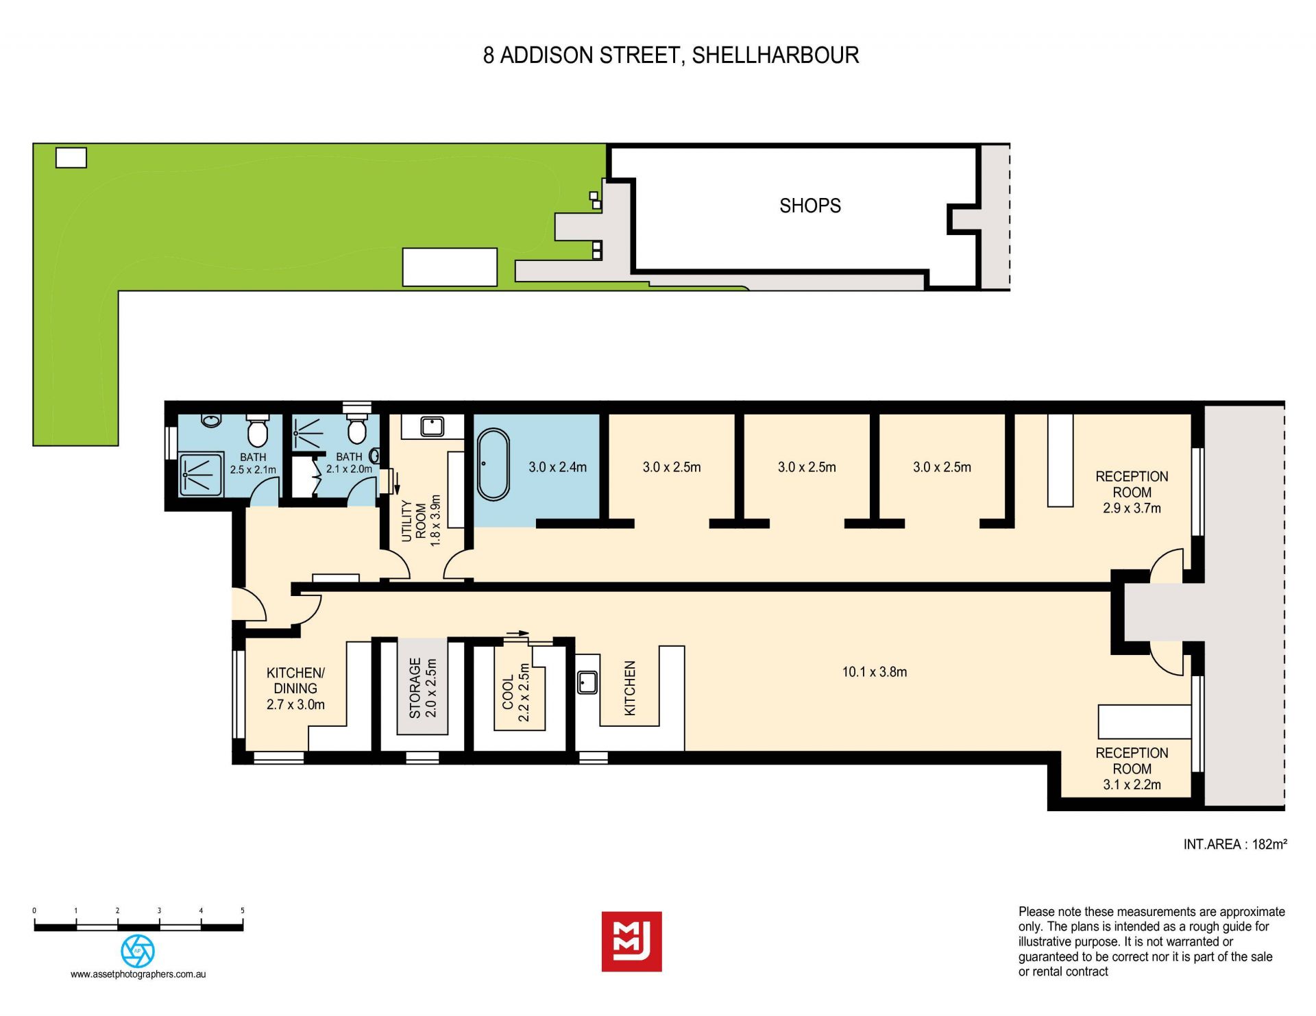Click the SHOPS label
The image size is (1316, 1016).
(809, 206)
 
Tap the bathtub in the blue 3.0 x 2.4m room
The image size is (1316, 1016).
(493, 464)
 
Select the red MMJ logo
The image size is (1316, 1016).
(631, 941)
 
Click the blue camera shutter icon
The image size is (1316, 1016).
(138, 951)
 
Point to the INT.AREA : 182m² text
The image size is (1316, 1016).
(1234, 844)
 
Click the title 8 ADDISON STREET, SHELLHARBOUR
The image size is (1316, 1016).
(671, 55)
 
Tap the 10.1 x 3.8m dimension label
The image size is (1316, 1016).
(874, 672)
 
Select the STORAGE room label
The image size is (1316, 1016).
(415, 687)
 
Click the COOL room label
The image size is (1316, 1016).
(508, 692)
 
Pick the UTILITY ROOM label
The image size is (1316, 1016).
(414, 521)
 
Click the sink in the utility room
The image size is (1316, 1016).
(432, 426)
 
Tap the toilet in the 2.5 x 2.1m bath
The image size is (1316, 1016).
(257, 430)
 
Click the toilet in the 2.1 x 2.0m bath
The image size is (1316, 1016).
(356, 429)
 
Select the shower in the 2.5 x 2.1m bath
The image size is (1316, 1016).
(201, 474)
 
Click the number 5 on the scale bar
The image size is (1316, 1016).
(243, 910)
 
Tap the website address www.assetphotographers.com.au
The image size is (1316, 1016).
(138, 974)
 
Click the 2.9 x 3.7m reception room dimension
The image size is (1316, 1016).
(1132, 508)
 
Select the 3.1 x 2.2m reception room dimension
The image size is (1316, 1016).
(1132, 785)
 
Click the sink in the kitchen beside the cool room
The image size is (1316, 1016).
(587, 682)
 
